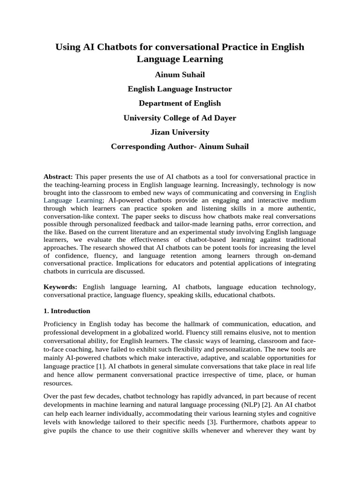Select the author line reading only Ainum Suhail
pyautogui.click(x=180, y=75)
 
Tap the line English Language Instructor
pyautogui.click(x=180, y=89)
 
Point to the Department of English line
pyautogui.click(x=180, y=104)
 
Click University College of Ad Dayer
pyautogui.click(x=180, y=118)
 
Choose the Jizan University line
pyautogui.click(x=180, y=132)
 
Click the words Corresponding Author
pyautogui.click(x=145, y=147)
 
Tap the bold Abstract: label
pyautogui.click(x=58, y=176)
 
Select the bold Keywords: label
pyautogui.click(x=60, y=287)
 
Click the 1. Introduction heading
pyautogui.click(x=67, y=311)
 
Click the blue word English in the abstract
pyautogui.click(x=305, y=193)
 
